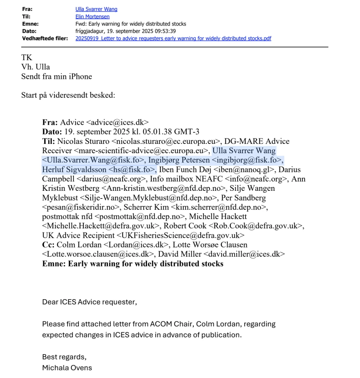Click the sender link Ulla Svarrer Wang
pos(96,9)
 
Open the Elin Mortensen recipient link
pos(93,17)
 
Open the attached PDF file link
pos(173,38)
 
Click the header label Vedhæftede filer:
pos(45,38)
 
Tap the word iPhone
pos(81,76)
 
